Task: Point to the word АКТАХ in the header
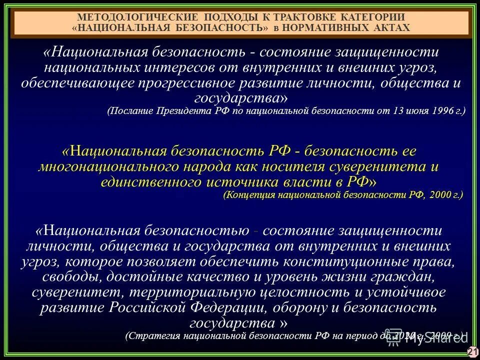(388, 27)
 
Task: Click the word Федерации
(258, 307)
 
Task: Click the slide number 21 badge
(472, 352)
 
